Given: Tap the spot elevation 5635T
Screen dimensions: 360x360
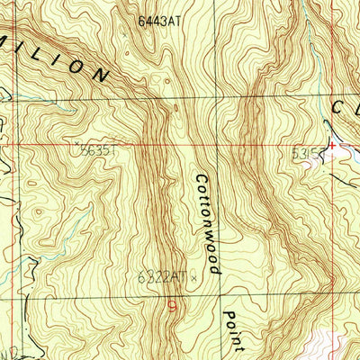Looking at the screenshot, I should pos(97,152).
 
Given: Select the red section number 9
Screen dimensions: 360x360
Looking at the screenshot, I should pos(171,306).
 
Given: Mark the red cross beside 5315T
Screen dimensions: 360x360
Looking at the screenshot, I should pos(332,144).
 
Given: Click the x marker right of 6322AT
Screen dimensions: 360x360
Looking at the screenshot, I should pos(193,278).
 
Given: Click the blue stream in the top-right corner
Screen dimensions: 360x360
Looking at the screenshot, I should pos(310,36).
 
